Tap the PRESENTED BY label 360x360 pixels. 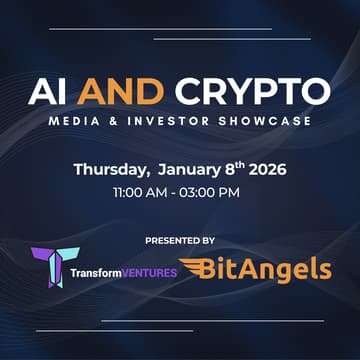(180, 241)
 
